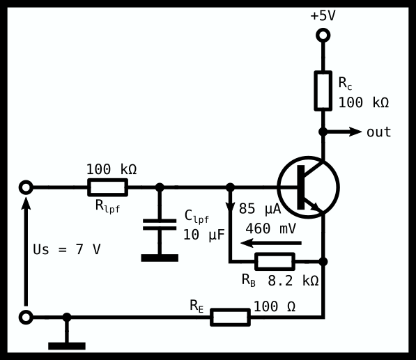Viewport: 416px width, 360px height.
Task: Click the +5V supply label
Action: (323, 15)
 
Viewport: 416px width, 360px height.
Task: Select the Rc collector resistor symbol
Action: (323, 91)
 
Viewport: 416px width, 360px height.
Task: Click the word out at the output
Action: (378, 132)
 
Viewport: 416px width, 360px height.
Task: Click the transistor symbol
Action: (308, 187)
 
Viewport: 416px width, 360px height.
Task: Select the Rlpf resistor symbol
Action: (108, 187)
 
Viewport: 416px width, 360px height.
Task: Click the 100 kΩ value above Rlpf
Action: (111, 169)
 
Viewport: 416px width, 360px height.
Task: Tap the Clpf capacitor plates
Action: (160, 224)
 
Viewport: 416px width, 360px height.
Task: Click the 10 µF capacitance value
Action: (203, 235)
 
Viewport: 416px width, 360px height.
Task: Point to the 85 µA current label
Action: (260, 209)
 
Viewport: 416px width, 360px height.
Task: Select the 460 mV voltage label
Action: (270, 228)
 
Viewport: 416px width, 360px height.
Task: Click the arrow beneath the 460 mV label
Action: (271, 243)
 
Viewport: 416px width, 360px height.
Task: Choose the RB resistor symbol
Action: (275, 262)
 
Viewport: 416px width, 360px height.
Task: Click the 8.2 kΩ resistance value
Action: (293, 281)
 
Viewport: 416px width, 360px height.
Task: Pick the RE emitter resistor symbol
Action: (230, 317)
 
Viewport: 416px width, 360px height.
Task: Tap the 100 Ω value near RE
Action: (275, 306)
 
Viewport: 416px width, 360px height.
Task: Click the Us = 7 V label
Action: (67, 249)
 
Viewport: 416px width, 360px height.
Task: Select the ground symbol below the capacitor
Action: (160, 258)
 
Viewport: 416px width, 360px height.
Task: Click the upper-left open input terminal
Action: (26, 187)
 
